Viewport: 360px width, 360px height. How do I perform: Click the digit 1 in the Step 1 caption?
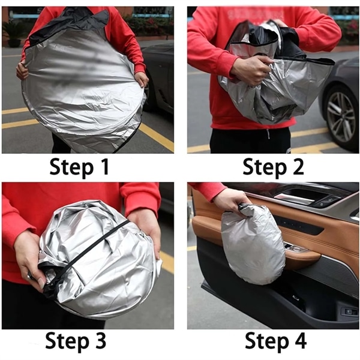tap(104, 167)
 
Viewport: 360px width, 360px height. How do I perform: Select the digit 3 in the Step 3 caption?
tap(100, 340)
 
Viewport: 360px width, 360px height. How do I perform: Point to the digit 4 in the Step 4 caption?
tap(299, 341)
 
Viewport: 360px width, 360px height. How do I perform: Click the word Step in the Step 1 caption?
tap(71, 168)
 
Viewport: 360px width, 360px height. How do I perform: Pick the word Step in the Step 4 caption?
tap(266, 342)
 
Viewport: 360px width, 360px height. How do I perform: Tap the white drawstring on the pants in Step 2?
tap(268, 134)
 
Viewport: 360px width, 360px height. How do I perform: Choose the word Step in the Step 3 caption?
tap(67, 341)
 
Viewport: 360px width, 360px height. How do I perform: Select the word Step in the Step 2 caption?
tap(265, 168)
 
